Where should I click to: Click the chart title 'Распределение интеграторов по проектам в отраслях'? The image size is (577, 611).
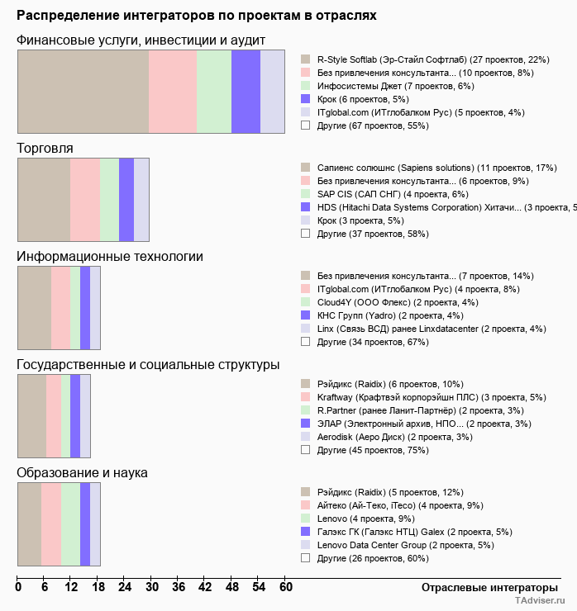coord(197,16)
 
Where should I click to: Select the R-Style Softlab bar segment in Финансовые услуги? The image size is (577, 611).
coord(83,92)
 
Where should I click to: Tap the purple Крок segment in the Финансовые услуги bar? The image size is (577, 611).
coord(246,92)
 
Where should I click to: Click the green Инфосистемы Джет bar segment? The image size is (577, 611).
coord(214,92)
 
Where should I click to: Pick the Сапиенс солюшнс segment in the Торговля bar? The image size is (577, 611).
coord(44,199)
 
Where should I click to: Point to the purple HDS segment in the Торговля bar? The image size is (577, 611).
coord(126,199)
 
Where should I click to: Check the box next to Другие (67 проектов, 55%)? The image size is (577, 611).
coord(306,126)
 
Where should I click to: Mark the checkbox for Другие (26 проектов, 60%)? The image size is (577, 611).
coord(306,558)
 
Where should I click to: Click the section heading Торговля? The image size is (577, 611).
coord(45,149)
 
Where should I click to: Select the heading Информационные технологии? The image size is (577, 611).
coord(110,257)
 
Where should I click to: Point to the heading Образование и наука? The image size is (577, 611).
coord(83,473)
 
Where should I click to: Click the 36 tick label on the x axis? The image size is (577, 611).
coord(179,588)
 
